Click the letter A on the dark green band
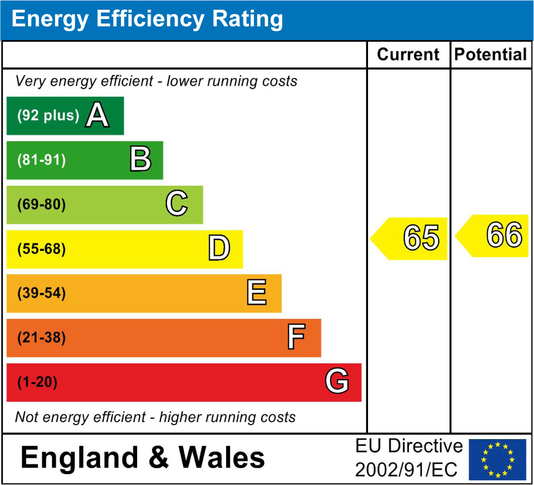coord(97,115)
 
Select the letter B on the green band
coord(140,160)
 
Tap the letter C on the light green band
coord(177,204)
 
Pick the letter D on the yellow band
coord(219,249)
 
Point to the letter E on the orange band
coord(257,293)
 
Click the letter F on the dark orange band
coord(296,337)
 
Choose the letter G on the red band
coord(337,382)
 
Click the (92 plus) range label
coord(48,115)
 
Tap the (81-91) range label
coord(41,160)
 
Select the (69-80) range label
coord(41,204)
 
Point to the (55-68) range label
coord(41,249)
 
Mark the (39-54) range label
coord(41,294)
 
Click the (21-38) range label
coord(41,338)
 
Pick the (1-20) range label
coord(37,383)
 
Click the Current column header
coord(408,55)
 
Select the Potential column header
coord(491,55)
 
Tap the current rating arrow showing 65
coord(410,238)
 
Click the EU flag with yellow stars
coord(497,459)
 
